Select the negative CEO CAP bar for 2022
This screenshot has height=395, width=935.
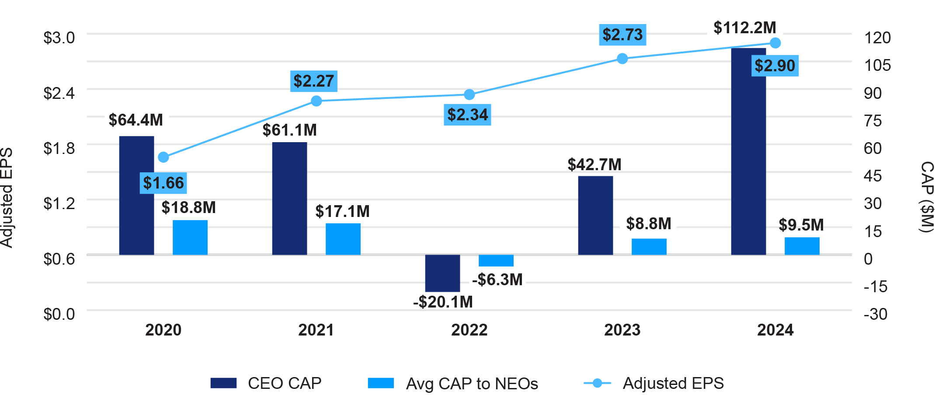tap(442, 273)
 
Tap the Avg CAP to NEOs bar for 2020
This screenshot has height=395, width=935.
tap(190, 237)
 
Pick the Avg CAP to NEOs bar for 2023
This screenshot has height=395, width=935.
tap(649, 247)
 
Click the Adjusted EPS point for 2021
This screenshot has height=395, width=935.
tap(316, 101)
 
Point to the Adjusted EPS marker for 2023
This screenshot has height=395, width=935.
tap(622, 59)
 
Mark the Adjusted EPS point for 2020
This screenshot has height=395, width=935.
tap(163, 157)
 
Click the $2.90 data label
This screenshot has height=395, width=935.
tap(775, 66)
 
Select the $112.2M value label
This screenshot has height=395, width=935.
tap(745, 28)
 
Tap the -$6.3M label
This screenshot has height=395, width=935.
tap(497, 280)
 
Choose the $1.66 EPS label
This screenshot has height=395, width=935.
tap(163, 183)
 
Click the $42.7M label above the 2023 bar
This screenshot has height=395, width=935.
tap(594, 164)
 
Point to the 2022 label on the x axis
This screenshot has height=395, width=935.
tap(469, 330)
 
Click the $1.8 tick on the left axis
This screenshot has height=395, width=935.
tap(59, 148)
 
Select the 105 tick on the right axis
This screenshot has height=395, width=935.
tap(877, 65)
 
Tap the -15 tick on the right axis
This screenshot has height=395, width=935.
tap(875, 287)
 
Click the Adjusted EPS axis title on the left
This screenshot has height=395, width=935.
tap(7, 198)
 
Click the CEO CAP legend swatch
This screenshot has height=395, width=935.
tap(223, 383)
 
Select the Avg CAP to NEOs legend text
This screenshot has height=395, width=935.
tap(472, 384)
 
